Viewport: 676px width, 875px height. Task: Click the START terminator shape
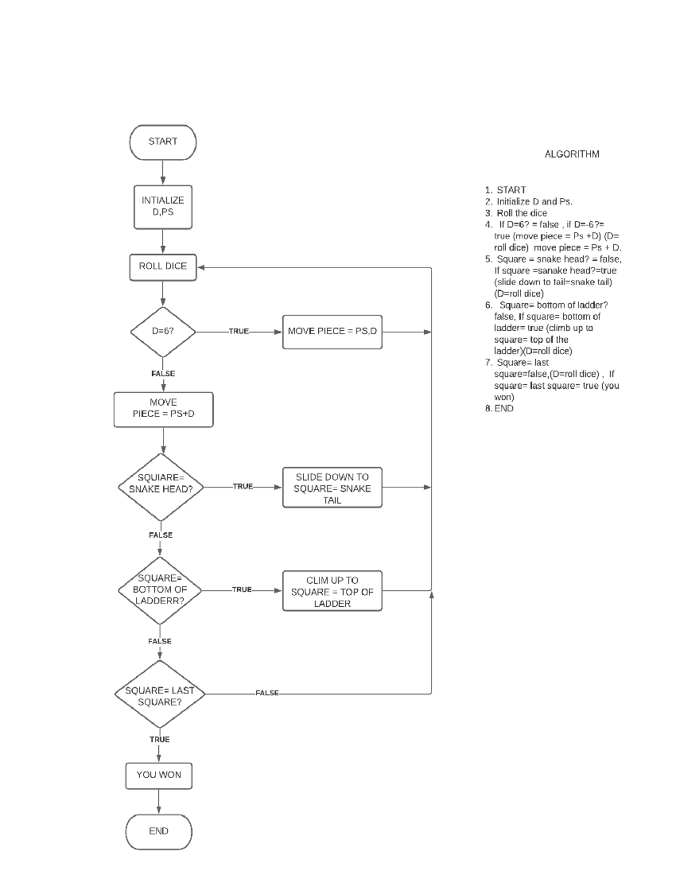coord(163,142)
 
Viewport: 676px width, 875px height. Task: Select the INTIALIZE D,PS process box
coord(163,207)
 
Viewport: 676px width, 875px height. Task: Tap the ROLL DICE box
coord(163,267)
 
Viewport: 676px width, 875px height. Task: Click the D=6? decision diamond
coord(163,332)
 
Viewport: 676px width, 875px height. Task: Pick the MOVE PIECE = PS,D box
coord(332,332)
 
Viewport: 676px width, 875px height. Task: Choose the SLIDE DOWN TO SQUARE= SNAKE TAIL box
coord(332,487)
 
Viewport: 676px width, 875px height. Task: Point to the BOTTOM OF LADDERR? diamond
coord(160,590)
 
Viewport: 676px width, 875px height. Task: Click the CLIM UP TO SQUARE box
coord(332,591)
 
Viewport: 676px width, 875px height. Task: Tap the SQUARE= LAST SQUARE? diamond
coord(159,695)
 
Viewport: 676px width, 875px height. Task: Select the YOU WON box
coord(158,776)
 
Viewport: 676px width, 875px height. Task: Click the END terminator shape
coord(158,831)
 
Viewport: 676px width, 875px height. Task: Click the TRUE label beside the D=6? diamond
coord(239,332)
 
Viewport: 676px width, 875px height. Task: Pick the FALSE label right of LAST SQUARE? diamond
coord(267,693)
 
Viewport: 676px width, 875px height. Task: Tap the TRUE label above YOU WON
coord(159,739)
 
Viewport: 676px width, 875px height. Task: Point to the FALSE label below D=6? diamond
coord(163,374)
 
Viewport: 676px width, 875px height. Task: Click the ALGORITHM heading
coord(571,154)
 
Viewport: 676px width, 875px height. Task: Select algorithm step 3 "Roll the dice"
coord(522,213)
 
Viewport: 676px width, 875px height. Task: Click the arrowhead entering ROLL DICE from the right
coord(201,268)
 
